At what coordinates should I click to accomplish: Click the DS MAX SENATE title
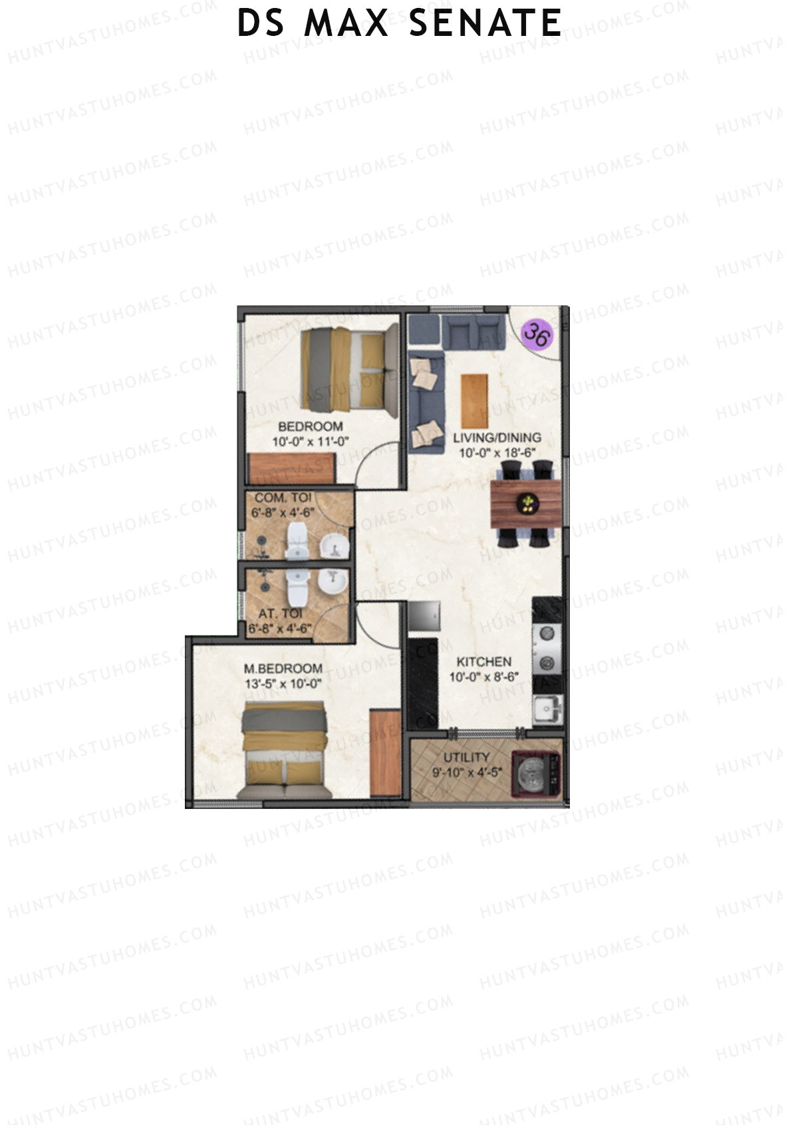tap(399, 23)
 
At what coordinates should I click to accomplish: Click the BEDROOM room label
tap(311, 426)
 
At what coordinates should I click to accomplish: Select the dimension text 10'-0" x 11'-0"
tap(311, 440)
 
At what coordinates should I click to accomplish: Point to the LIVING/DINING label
tap(497, 438)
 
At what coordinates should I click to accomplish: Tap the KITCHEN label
tap(483, 662)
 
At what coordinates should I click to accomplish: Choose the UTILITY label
tap(470, 757)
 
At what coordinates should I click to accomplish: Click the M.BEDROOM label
tap(283, 669)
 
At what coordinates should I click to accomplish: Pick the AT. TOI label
tap(279, 613)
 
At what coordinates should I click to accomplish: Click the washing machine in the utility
tap(537, 774)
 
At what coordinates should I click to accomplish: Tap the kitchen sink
tap(548, 709)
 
